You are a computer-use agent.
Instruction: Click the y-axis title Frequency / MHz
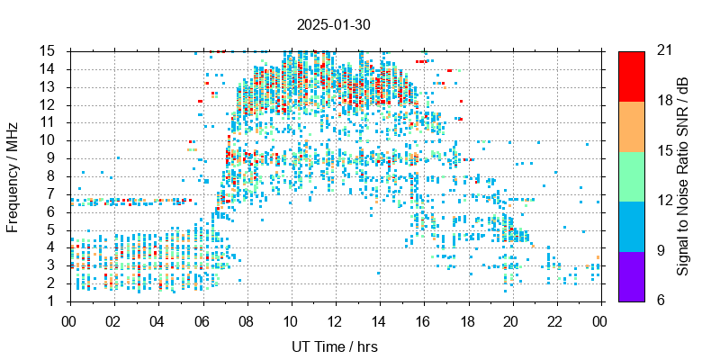click(x=13, y=175)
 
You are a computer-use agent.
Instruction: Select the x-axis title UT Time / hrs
click(x=335, y=346)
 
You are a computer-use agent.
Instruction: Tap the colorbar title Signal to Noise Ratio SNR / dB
click(x=683, y=175)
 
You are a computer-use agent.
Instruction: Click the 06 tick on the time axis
click(x=202, y=320)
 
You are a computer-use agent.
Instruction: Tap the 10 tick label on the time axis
click(x=291, y=320)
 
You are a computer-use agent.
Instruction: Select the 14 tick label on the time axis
click(x=379, y=320)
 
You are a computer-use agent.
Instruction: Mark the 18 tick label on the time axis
click(x=467, y=320)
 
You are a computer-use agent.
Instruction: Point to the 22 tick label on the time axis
click(x=555, y=320)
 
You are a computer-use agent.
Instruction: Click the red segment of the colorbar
click(x=631, y=76)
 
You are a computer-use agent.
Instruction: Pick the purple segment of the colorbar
click(x=631, y=275)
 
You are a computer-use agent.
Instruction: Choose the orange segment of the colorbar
click(x=631, y=125)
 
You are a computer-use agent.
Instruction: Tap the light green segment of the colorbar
click(x=631, y=175)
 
